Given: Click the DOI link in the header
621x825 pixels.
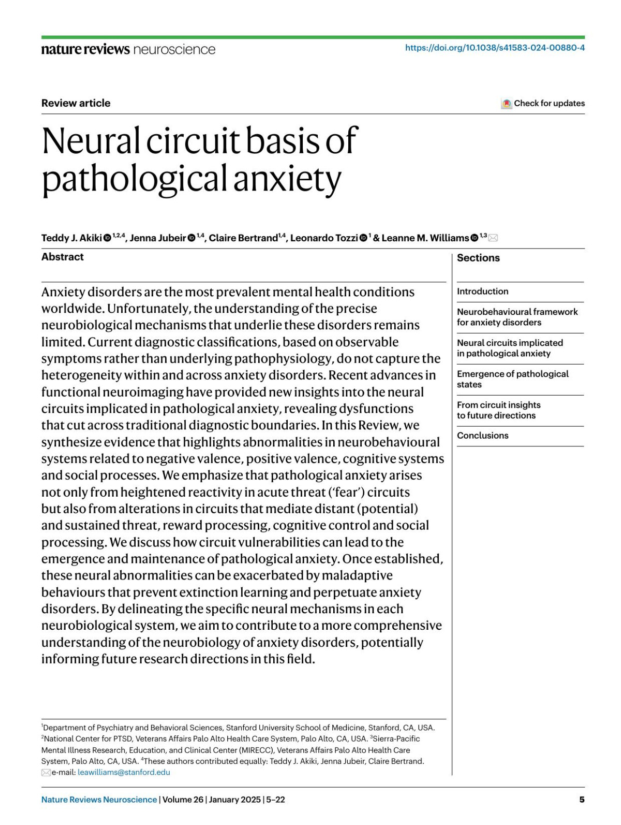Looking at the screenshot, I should (x=495, y=48).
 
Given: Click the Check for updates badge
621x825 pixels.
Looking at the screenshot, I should (x=543, y=103).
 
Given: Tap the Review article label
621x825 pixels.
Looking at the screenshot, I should (x=76, y=103).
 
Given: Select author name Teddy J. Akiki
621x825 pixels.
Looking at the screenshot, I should (x=71, y=238).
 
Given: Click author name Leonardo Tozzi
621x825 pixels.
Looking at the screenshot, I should (x=323, y=238).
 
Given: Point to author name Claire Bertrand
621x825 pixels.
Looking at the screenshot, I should (x=243, y=238).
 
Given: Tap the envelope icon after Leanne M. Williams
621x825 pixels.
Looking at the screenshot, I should (x=493, y=238).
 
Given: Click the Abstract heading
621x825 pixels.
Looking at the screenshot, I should (x=62, y=257).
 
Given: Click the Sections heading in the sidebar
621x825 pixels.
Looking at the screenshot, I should (x=478, y=258).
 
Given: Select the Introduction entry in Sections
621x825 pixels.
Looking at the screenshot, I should (x=482, y=292).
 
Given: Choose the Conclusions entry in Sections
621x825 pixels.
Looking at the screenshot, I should (x=482, y=436).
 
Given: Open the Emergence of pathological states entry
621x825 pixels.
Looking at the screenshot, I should (x=512, y=379).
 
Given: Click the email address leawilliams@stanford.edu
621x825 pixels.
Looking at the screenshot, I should (x=124, y=772).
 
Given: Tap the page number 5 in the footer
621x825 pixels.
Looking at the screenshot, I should (x=582, y=800).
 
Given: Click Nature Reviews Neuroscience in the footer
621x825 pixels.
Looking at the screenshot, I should (x=99, y=800).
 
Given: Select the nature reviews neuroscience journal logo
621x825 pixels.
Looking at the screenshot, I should (x=128, y=49).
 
